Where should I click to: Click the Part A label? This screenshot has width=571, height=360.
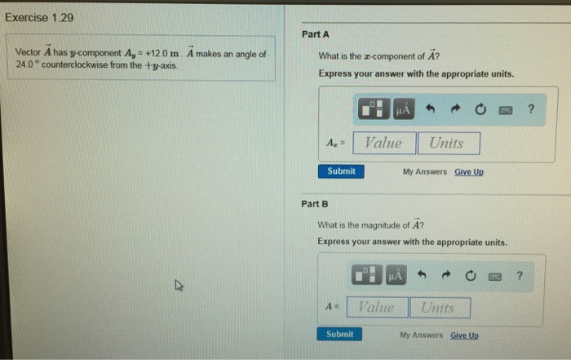pos(315,34)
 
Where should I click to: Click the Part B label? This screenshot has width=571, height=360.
pos(314,203)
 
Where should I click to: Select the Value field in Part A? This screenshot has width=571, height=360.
pos(383,144)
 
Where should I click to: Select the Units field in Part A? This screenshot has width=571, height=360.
pos(448,144)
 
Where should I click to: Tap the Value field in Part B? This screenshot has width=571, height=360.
pos(376,308)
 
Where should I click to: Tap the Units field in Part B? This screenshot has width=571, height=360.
pos(440,308)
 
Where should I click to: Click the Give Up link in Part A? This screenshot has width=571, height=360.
pos(469,172)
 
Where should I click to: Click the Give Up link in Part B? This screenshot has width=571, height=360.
pos(464,336)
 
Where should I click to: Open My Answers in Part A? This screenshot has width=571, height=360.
pos(425,172)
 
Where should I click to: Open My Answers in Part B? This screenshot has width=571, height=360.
pos(421,336)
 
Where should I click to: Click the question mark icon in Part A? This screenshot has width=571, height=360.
pos(531,109)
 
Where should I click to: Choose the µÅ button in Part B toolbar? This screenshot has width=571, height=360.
pos(396,276)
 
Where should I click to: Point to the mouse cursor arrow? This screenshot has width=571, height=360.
pos(179,285)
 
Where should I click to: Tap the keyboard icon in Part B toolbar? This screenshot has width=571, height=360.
pos(494,276)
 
